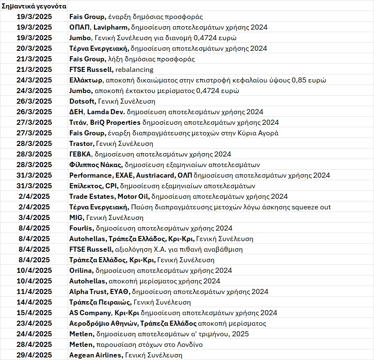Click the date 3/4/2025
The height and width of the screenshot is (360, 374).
point(35,217)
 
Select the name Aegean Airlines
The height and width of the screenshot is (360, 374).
point(96,355)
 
